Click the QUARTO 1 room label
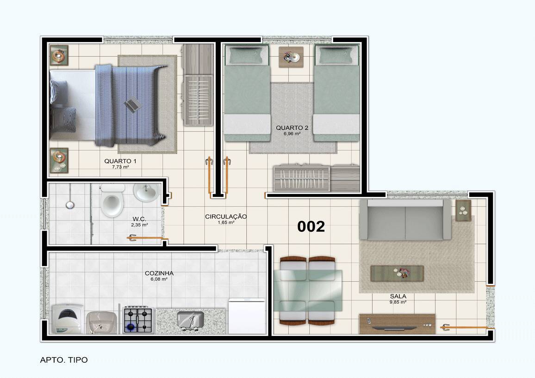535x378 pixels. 120,161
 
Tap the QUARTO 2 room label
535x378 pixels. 292,128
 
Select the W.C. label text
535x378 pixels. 139,219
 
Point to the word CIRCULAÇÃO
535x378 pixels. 226,217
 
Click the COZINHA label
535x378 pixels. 159,273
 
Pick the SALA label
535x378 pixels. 398,296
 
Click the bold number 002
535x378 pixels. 311,226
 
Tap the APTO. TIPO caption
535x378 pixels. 64,360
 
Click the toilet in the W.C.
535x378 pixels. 112,201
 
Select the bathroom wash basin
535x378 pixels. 146,192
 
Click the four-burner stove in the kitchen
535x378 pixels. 137,320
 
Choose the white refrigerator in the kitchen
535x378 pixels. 247,317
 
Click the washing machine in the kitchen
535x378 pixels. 67,319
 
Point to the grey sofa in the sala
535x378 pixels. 405,219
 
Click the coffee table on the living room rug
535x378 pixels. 397,274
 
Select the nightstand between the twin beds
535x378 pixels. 291,57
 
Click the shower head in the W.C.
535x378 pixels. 70,205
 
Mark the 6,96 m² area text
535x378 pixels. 292,134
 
